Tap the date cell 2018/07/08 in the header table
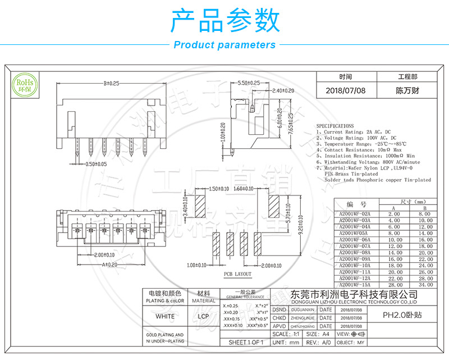pyautogui.click(x=345, y=90)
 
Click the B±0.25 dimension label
pyautogui.click(x=112, y=84)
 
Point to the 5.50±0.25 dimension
pyautogui.click(x=248, y=83)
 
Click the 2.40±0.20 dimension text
pyautogui.click(x=282, y=91)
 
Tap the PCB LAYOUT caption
pyautogui.click(x=238, y=274)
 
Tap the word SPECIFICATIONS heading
pyautogui.click(x=335, y=126)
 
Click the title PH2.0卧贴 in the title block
pyautogui.click(x=403, y=315)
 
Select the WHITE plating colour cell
pyautogui.click(x=164, y=316)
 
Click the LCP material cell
pyautogui.click(x=203, y=316)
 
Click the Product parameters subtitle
pyautogui.click(x=224, y=45)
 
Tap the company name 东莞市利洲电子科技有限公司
pyautogui.click(x=355, y=294)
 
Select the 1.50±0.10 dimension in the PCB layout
pyautogui.click(x=217, y=189)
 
